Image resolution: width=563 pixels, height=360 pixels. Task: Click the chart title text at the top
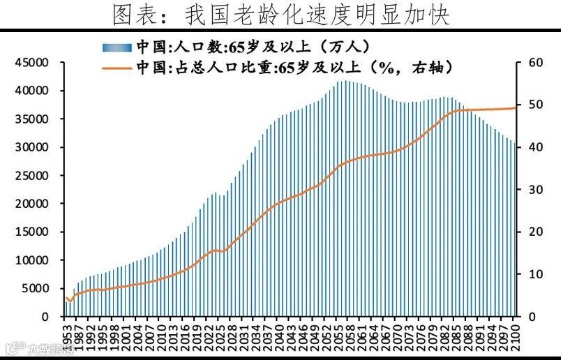coord(281,14)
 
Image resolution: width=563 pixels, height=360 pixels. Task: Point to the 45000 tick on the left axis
coord(33,63)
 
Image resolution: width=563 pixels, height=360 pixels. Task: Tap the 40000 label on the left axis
coord(33,91)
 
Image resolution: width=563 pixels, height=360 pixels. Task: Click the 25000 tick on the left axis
coord(33,176)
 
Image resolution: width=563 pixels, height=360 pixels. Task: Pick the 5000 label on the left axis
coord(36,288)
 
